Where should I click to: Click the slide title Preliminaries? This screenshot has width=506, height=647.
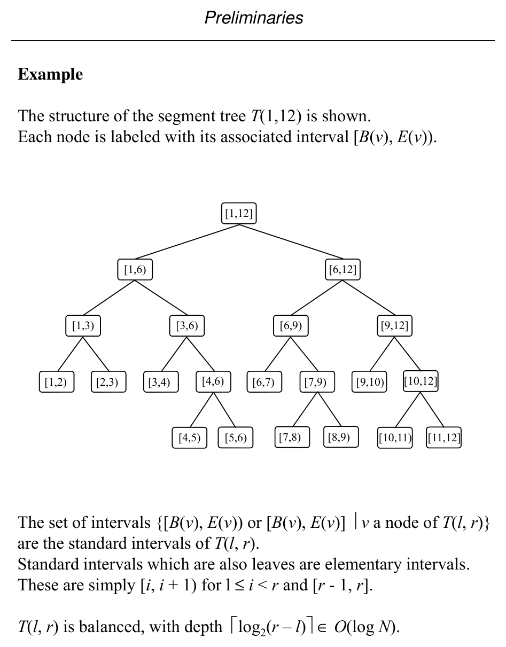[253, 18]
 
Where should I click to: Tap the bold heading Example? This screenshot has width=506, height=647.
[50, 74]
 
